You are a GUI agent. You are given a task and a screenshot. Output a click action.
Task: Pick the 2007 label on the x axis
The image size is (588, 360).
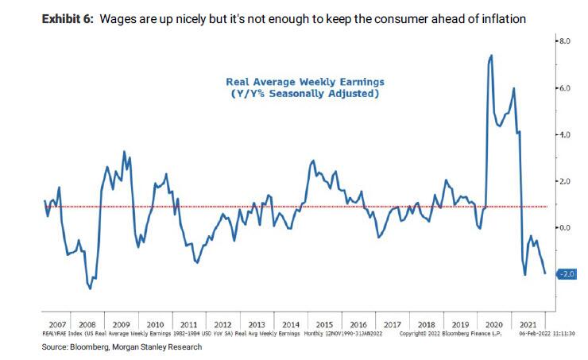click(x=56, y=324)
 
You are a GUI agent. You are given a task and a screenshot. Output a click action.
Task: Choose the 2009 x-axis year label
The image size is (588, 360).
click(x=121, y=324)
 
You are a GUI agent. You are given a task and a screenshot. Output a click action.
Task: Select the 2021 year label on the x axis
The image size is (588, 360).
click(x=525, y=324)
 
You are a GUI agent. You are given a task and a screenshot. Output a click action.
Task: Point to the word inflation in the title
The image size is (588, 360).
click(x=500, y=17)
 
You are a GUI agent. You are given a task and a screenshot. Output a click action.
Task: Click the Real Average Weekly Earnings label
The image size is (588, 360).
click(x=305, y=82)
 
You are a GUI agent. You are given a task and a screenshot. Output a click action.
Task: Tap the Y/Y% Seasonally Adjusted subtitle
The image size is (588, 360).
click(x=305, y=94)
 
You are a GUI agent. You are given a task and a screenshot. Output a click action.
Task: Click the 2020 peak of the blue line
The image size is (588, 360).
click(x=491, y=55)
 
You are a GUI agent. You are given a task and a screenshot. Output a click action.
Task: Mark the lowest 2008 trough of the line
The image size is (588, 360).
click(x=90, y=288)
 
